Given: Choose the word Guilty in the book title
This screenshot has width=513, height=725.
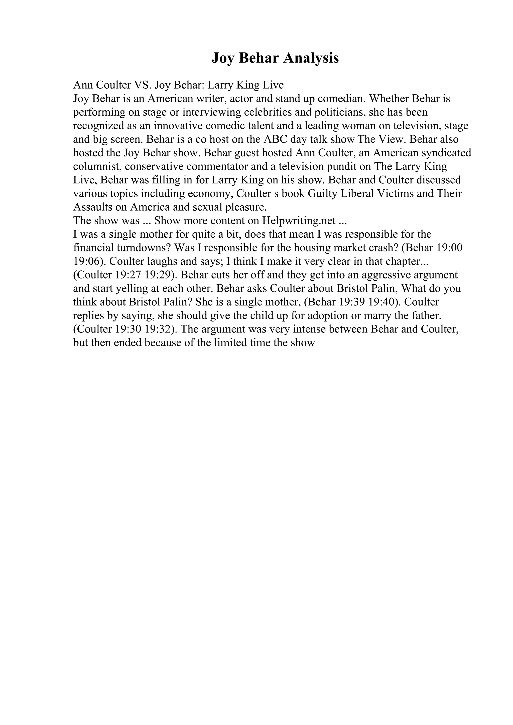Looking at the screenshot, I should click(x=322, y=193).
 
